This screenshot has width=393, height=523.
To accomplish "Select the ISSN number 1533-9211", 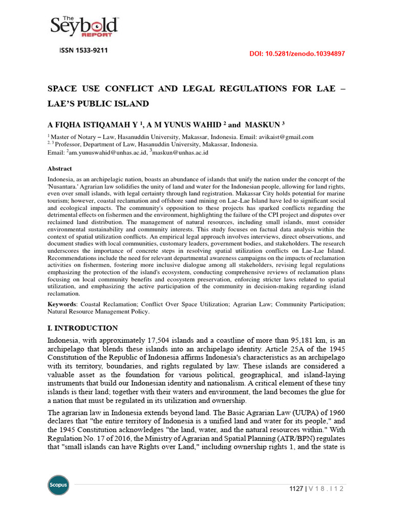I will [x=84, y=51].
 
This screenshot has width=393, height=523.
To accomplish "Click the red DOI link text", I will [x=297, y=54].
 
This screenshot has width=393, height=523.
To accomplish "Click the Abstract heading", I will [x=60, y=169].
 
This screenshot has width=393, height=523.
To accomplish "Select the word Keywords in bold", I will [x=62, y=304].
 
